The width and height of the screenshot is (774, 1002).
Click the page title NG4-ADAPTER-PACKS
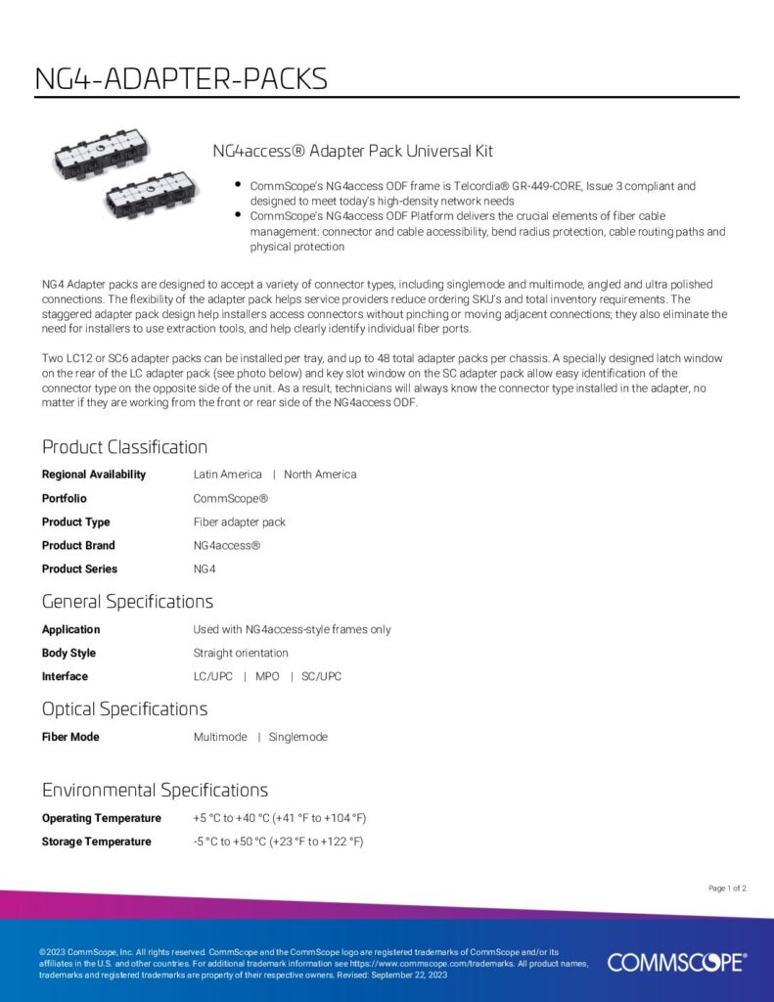[x=181, y=78]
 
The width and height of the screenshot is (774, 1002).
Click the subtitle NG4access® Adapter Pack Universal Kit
[x=352, y=152]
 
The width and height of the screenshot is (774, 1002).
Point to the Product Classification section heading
[x=124, y=447]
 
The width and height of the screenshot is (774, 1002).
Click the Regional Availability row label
[x=94, y=475]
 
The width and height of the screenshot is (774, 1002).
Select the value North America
[x=320, y=475]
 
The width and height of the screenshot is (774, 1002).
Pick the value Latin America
[x=228, y=475]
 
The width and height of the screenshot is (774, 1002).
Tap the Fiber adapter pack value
[x=240, y=522]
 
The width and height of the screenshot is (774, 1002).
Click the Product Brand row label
[x=78, y=545]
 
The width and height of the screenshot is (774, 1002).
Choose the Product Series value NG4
[x=205, y=569]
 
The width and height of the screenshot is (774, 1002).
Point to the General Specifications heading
[x=127, y=601]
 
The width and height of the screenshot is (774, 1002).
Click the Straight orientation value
[x=241, y=653]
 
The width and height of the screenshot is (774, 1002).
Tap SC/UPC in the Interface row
[x=321, y=676]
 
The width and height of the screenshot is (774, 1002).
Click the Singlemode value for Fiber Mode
[x=298, y=737]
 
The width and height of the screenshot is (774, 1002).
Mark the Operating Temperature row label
[x=102, y=818]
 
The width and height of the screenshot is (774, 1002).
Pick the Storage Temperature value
[x=278, y=842]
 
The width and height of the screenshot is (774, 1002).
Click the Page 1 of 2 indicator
[x=727, y=888]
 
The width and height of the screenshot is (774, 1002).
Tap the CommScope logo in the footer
[x=676, y=963]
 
